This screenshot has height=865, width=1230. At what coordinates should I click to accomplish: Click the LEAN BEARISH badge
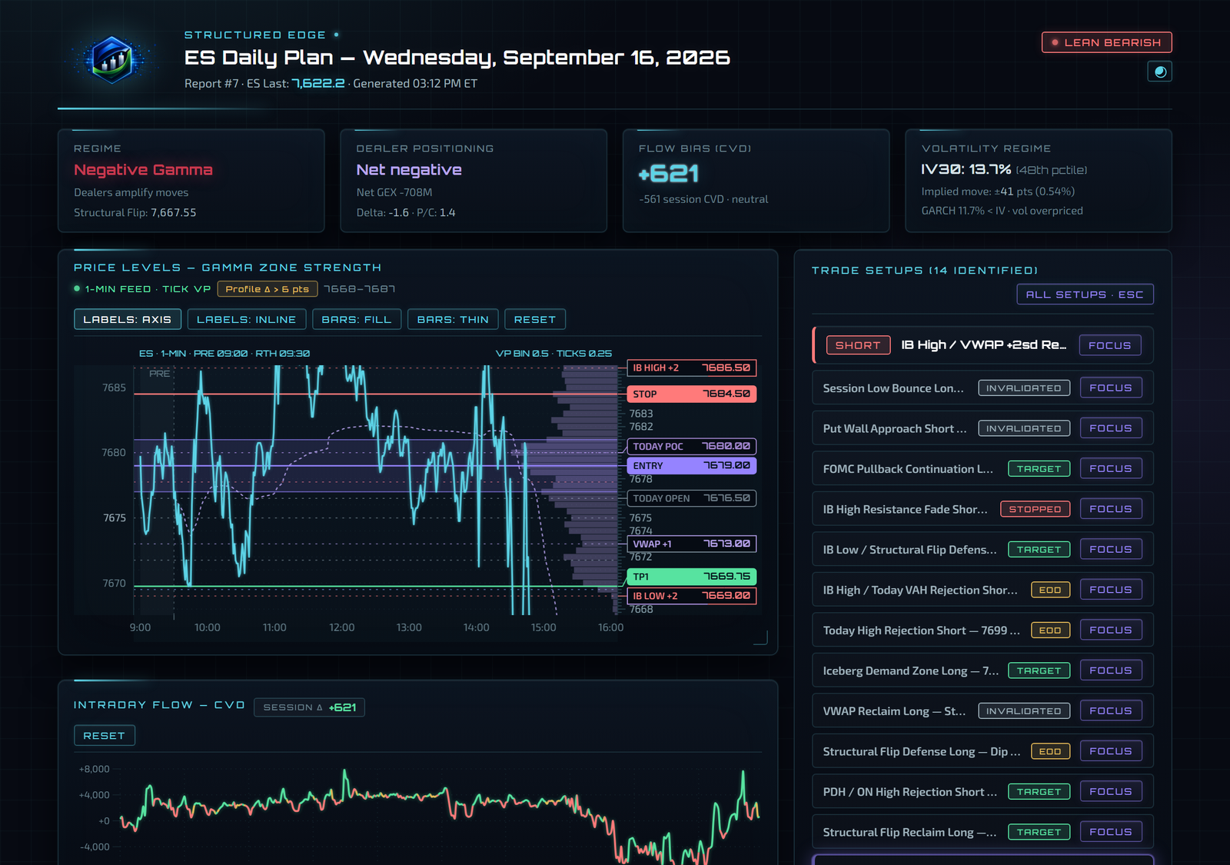(1106, 42)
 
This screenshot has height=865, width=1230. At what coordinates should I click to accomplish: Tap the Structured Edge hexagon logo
(112, 59)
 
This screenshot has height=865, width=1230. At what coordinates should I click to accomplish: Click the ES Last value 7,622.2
(318, 84)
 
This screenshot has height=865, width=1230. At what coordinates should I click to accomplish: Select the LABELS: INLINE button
(247, 319)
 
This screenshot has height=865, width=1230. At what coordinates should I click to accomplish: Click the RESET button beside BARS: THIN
(535, 319)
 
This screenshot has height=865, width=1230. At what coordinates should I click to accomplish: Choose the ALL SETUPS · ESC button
(1085, 294)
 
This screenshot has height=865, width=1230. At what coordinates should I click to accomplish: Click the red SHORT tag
(858, 345)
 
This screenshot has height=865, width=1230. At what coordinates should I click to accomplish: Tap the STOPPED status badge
(1035, 508)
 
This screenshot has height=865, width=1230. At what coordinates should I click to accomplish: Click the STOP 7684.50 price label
(691, 394)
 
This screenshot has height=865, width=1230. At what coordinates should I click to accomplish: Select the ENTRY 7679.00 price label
(691, 465)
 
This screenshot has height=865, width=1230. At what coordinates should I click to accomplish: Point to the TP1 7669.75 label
(691, 576)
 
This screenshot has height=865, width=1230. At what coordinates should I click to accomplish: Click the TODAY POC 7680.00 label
(691, 446)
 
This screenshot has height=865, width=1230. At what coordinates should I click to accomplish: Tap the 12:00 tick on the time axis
(341, 627)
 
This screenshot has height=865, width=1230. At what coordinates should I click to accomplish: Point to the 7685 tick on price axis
(114, 388)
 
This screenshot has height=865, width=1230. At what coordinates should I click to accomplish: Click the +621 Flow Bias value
(668, 174)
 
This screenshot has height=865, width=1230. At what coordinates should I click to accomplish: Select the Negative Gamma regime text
(143, 170)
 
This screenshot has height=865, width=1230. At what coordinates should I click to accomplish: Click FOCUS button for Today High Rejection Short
(1110, 630)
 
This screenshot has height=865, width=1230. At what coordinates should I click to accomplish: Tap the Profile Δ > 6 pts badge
(268, 289)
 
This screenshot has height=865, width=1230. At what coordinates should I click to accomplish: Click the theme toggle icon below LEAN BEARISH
(1160, 72)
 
